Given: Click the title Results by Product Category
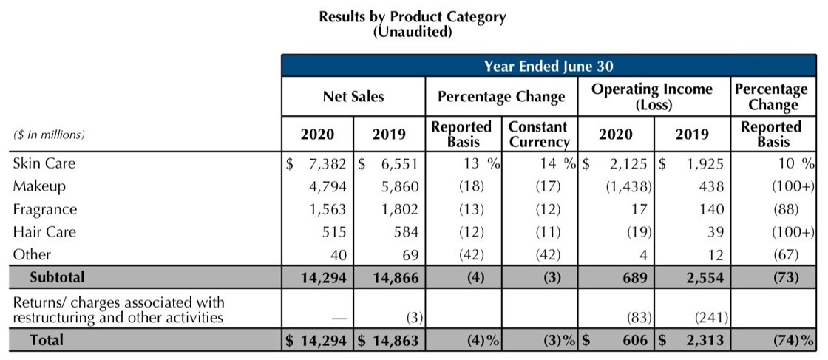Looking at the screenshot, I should (x=413, y=16).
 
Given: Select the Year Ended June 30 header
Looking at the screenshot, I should (x=549, y=67).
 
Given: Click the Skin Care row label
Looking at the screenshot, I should (x=44, y=163).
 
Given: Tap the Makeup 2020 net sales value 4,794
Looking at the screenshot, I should (x=327, y=186).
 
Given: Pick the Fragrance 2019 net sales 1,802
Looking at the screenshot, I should (x=399, y=209).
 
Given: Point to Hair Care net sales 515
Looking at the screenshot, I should (x=335, y=232).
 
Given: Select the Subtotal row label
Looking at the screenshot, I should (x=57, y=277).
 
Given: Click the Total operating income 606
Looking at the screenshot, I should (x=633, y=340).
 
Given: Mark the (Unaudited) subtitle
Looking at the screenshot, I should (x=413, y=32).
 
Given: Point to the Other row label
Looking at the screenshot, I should (x=32, y=254).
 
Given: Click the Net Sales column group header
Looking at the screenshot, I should (x=353, y=97).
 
